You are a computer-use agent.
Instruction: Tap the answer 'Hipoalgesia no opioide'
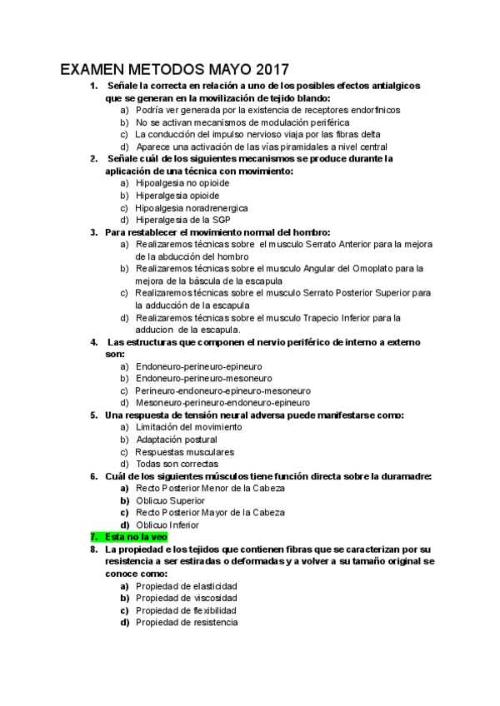[182, 183]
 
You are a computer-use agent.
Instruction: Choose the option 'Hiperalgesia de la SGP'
[182, 220]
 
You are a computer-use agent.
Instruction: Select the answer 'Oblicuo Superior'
[170, 500]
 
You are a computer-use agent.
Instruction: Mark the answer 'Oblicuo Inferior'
[167, 525]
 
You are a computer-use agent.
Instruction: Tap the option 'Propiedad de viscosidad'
[187, 598]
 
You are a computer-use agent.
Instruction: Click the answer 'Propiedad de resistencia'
[187, 622]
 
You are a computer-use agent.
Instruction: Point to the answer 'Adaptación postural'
[177, 440]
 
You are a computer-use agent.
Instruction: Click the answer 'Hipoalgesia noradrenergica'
[192, 207]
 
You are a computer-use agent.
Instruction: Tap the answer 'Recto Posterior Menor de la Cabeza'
[210, 488]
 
